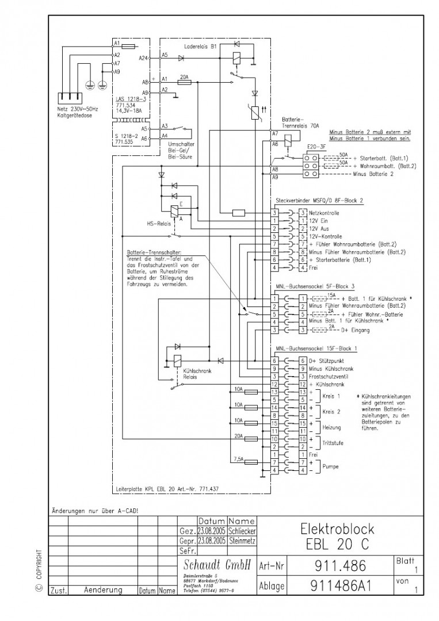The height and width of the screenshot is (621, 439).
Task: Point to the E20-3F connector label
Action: pos(317,147)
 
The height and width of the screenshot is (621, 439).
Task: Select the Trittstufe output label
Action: pos(332,443)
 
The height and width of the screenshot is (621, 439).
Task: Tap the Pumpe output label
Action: pos(331,466)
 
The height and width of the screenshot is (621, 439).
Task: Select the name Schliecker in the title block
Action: pos(242,532)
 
